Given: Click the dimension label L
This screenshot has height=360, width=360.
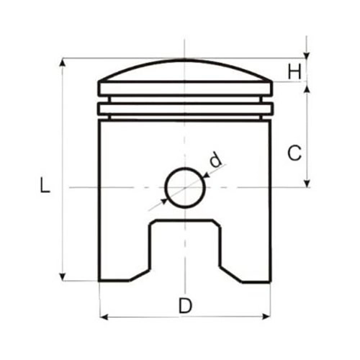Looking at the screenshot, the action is tap(45, 185).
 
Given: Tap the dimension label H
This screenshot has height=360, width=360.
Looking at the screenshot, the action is tap(294, 72).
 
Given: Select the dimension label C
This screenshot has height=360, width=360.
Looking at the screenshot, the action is tap(294, 153).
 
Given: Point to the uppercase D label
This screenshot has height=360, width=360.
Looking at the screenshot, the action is tap(185, 305).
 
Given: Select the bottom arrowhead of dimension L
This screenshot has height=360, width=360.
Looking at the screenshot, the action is tap(63, 276).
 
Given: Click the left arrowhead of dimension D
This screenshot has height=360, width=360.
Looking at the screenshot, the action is tap(104, 317).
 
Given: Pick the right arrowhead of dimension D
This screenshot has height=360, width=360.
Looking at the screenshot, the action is tap(266, 317).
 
